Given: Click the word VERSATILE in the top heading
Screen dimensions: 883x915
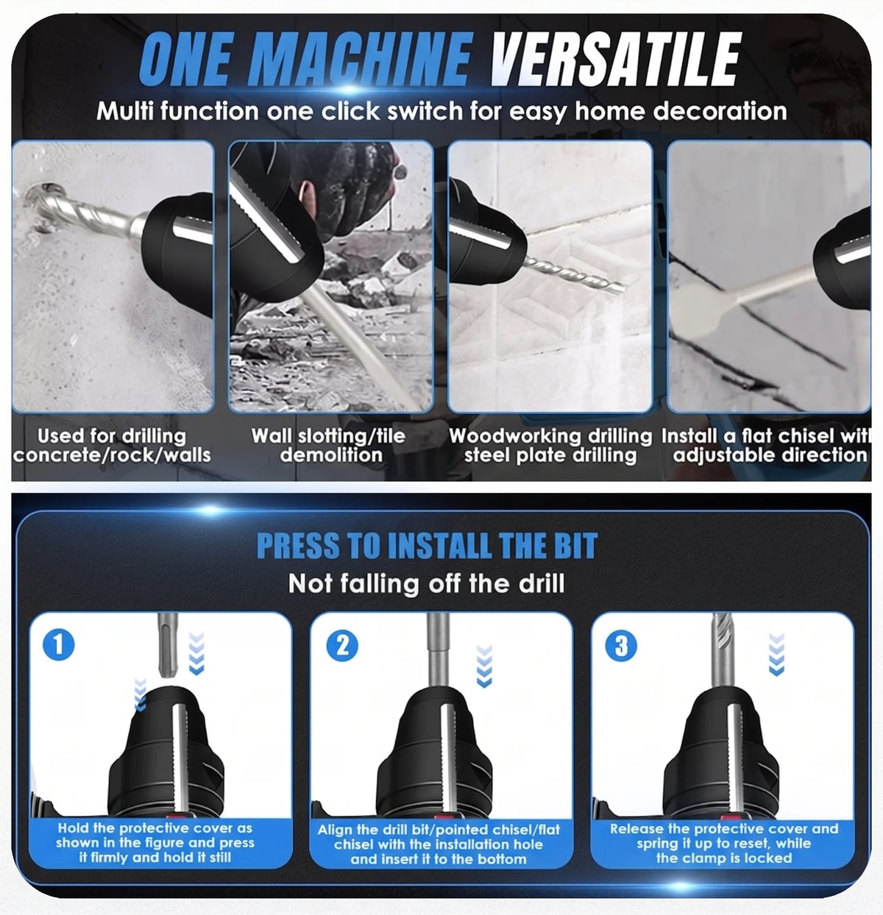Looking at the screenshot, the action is (616, 60).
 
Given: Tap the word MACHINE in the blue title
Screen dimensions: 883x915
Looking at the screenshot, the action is (364, 60).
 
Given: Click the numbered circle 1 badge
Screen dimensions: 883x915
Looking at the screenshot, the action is (58, 644).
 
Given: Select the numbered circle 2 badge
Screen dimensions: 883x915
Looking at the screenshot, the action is (342, 646).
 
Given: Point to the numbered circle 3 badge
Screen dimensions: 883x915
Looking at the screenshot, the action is (621, 646).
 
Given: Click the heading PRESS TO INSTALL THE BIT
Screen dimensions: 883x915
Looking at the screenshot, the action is (428, 546).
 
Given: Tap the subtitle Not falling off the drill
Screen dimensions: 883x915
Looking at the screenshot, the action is (426, 584).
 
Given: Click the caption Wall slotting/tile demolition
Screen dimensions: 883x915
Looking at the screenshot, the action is (328, 445).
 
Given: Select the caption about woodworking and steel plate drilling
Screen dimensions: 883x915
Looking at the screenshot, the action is (550, 445).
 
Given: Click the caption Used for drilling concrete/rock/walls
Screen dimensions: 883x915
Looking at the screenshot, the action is (112, 445).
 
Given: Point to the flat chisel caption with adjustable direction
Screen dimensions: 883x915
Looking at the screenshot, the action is (766, 445).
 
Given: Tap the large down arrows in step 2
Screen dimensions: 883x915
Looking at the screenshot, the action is (484, 666).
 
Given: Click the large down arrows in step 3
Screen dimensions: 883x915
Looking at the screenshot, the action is (777, 654).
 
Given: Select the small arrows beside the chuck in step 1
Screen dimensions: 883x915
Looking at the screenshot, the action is (141, 695).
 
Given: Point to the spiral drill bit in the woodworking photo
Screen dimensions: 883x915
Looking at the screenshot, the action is (575, 274).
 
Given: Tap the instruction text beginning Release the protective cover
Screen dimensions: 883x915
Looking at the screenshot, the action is (724, 844).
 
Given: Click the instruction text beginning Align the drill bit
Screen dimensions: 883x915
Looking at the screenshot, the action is (439, 844).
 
